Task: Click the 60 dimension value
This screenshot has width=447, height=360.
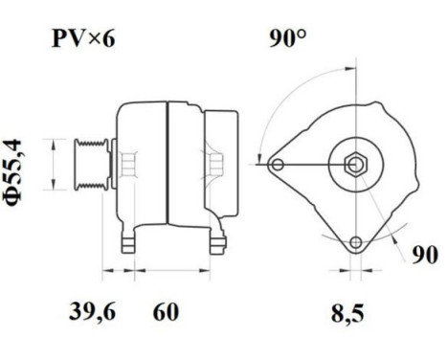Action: [165, 311]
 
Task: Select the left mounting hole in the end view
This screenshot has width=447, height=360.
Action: [278, 165]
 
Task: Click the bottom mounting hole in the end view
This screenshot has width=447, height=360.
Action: [355, 242]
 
